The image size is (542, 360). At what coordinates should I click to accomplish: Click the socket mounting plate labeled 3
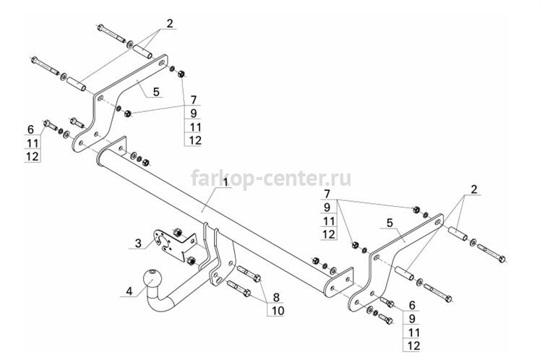(173, 245)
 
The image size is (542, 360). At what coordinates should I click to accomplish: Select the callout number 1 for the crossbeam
(225, 183)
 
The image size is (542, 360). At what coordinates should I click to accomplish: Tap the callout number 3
(138, 244)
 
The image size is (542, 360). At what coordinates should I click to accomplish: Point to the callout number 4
(129, 291)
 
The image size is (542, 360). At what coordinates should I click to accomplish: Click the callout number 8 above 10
(276, 297)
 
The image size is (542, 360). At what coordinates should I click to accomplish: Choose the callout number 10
(278, 311)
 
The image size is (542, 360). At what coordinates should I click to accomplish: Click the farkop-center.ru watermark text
(271, 179)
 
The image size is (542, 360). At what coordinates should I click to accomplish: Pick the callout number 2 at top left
(169, 24)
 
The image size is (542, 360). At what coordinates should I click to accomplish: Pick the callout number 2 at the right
(473, 189)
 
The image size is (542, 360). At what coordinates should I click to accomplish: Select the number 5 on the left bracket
(156, 92)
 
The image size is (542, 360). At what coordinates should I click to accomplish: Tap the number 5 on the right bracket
(390, 223)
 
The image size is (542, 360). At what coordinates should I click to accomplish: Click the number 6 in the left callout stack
(31, 129)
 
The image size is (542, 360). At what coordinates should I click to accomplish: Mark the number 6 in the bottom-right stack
(412, 305)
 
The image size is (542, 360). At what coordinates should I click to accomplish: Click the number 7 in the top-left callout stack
(194, 100)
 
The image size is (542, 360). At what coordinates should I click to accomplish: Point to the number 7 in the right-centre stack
(327, 194)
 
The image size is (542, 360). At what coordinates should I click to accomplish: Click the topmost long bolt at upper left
(111, 33)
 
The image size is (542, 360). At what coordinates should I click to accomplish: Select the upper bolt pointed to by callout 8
(249, 273)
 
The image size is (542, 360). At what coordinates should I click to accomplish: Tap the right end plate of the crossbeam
(338, 282)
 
